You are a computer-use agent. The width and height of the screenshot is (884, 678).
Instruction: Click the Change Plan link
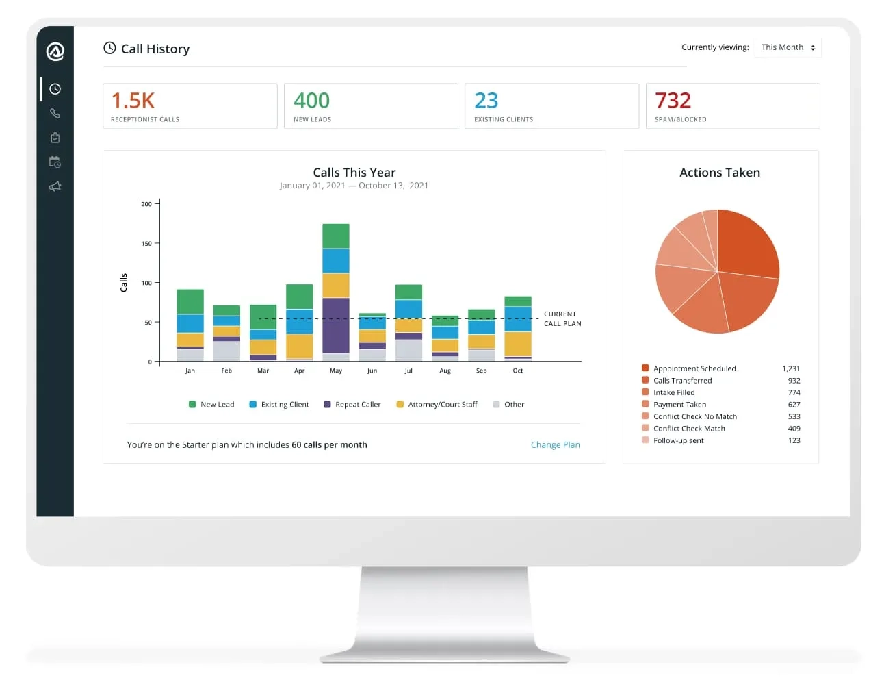coord(555,444)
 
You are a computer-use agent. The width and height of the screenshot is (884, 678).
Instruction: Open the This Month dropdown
coord(788,47)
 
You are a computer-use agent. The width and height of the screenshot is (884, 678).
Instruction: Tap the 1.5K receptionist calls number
coord(133,101)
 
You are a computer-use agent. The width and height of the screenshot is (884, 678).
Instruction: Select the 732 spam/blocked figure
coord(673,101)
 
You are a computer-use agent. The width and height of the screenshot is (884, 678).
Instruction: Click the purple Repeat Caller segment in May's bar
coord(336,325)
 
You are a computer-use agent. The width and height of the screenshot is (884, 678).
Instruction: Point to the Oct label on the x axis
coord(518,371)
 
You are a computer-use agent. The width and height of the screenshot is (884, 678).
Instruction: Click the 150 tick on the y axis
coord(146,243)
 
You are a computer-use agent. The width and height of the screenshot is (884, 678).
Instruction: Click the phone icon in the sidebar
coord(55,114)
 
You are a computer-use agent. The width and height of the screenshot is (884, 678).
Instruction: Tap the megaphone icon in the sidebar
coord(55,186)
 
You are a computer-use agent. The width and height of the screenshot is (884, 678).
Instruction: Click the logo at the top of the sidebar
coord(55,51)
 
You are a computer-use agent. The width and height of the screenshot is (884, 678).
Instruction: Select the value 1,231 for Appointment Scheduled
coord(791,368)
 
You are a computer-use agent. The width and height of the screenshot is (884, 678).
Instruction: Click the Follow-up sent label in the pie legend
coord(678,440)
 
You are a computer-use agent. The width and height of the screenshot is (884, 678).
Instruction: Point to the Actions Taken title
coord(720,173)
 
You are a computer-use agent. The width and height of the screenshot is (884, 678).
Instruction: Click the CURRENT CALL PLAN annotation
coord(562,318)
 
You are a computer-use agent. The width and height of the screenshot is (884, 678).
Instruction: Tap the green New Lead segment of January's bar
coord(190,301)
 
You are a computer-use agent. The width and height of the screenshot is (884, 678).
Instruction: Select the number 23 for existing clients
coord(486,101)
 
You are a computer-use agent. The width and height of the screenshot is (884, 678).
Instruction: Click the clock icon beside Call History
coord(109,48)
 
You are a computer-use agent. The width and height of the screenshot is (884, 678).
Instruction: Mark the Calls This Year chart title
coord(354,173)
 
